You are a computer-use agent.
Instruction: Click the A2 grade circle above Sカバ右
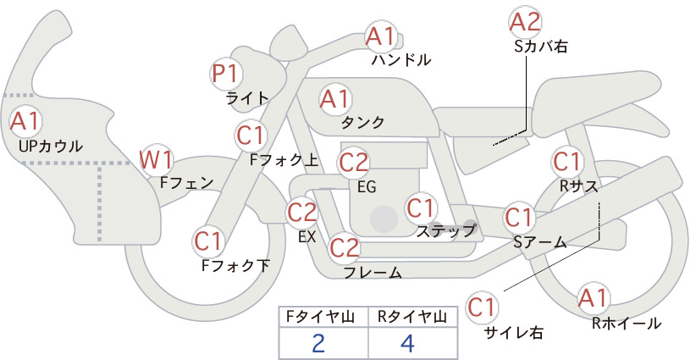[x=525, y=22]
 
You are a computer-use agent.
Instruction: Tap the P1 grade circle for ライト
[x=226, y=74]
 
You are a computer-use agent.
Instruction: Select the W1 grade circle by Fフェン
[x=156, y=160]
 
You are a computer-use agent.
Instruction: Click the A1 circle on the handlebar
[x=381, y=36]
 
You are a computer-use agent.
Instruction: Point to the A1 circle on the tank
[x=335, y=99]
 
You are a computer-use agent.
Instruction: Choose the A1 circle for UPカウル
[x=25, y=121]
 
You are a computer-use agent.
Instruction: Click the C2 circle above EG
[x=354, y=163]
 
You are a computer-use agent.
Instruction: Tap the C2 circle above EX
[x=301, y=212]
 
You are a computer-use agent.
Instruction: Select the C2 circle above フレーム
[x=344, y=247]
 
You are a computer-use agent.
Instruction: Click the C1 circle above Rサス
[x=566, y=162]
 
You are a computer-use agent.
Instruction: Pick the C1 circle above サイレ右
[x=482, y=307]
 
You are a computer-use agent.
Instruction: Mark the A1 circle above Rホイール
[x=593, y=298]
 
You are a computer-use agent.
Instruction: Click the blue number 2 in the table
[x=318, y=343]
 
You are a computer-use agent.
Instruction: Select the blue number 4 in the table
[x=407, y=343]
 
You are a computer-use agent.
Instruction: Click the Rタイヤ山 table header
[x=412, y=317]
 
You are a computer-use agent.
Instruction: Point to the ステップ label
[x=446, y=231]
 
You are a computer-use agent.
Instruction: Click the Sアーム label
[x=540, y=241]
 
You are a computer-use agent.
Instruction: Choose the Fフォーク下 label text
[x=235, y=265]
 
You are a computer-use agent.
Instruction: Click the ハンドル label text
[x=401, y=60]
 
